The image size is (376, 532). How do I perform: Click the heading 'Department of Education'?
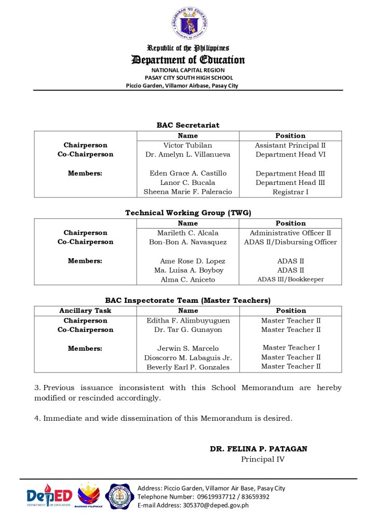pos(188,60)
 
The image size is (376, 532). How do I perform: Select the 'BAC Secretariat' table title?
pos(188,125)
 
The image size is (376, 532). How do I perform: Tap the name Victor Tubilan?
pos(188,145)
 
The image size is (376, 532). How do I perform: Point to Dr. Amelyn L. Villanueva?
pos(188,154)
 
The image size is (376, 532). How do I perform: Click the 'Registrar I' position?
pos(290,192)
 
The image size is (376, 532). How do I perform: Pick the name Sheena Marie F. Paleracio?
pos(188,192)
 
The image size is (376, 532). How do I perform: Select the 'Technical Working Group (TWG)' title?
pos(188,212)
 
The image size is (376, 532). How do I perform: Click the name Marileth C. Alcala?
pos(188,233)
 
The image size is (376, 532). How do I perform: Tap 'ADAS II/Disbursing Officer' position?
pos(290,242)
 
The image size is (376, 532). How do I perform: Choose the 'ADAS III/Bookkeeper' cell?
pos(290,280)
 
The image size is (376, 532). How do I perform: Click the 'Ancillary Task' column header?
pos(85,311)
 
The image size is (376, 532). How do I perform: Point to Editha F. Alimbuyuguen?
pos(188,321)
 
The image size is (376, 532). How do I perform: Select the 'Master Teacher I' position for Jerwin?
pos(291,348)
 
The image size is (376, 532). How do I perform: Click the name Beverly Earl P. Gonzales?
pos(188,367)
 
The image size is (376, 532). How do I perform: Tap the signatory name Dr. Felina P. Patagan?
pos(258,449)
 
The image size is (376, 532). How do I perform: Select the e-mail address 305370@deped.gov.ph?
pos(216,505)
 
